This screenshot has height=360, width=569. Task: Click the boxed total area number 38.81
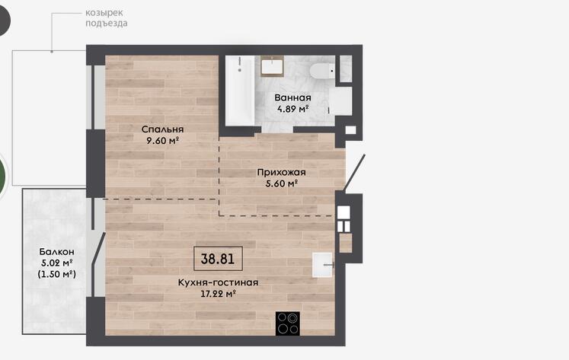pos(218,259)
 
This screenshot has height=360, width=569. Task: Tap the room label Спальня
pos(162,129)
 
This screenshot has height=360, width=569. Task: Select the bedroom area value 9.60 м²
pos(162,140)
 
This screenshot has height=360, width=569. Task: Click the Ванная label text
pos(292,97)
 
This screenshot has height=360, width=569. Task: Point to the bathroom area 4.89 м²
pos(292,108)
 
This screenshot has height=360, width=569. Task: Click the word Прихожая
pos(281,172)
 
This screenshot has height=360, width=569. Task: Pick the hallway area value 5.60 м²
pos(281,183)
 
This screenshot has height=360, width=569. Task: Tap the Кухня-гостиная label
pos(218,282)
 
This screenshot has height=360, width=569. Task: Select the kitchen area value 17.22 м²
pos(218,294)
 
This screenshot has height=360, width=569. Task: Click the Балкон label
pos(57,251)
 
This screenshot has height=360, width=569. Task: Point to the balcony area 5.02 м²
pos(57,263)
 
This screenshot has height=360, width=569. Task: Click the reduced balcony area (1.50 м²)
pos(57,274)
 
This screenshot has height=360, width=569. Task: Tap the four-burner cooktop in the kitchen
pos(288,323)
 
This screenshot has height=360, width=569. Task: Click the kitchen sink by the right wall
pos(323,265)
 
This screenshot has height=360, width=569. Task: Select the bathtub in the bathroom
pos(240,91)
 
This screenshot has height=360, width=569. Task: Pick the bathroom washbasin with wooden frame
pos(272,66)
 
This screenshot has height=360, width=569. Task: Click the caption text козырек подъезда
pos(107,18)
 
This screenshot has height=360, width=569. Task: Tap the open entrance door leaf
pos(354,173)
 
